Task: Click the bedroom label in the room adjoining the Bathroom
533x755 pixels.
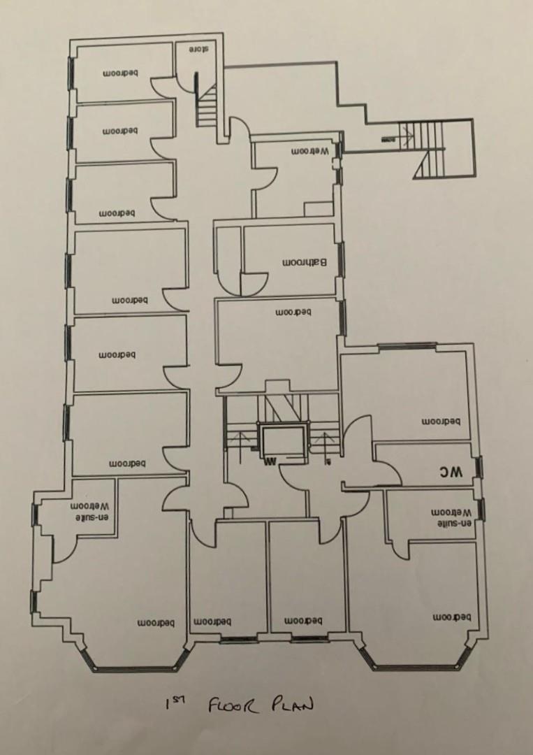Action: pyautogui.click(x=293, y=312)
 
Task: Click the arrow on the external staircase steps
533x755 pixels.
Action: pyautogui.click(x=388, y=141)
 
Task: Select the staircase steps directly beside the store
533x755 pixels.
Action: pyautogui.click(x=207, y=105)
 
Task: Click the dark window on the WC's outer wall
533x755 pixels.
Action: pyautogui.click(x=480, y=466)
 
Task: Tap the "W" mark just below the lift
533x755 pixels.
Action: pyautogui.click(x=270, y=461)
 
